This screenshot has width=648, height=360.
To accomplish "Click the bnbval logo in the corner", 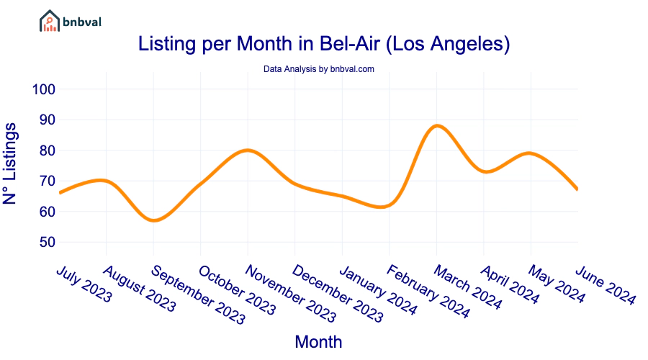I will point(70,21).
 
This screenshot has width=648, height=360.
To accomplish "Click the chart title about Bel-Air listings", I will point(324,45).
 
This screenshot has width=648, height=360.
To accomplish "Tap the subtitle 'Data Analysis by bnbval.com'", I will point(318,69).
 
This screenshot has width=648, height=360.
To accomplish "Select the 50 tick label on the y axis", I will point(46,242).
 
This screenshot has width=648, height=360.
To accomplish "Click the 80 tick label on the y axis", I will point(46,150).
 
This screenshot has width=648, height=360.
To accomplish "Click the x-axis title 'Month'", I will point(318,341).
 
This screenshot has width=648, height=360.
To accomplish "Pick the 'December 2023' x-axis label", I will point(338,292).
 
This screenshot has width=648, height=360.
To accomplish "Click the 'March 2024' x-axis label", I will point(467,286).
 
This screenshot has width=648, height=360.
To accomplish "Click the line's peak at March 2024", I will point(436,126).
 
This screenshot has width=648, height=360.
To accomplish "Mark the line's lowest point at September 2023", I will point(153,220).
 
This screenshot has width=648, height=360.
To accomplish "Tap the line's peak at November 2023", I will point(248,150).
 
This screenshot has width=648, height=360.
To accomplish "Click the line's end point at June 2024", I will point(577,189).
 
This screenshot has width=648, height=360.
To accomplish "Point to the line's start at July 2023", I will point(60,193).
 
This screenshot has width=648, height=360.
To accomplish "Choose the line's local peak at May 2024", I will point(531,153).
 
